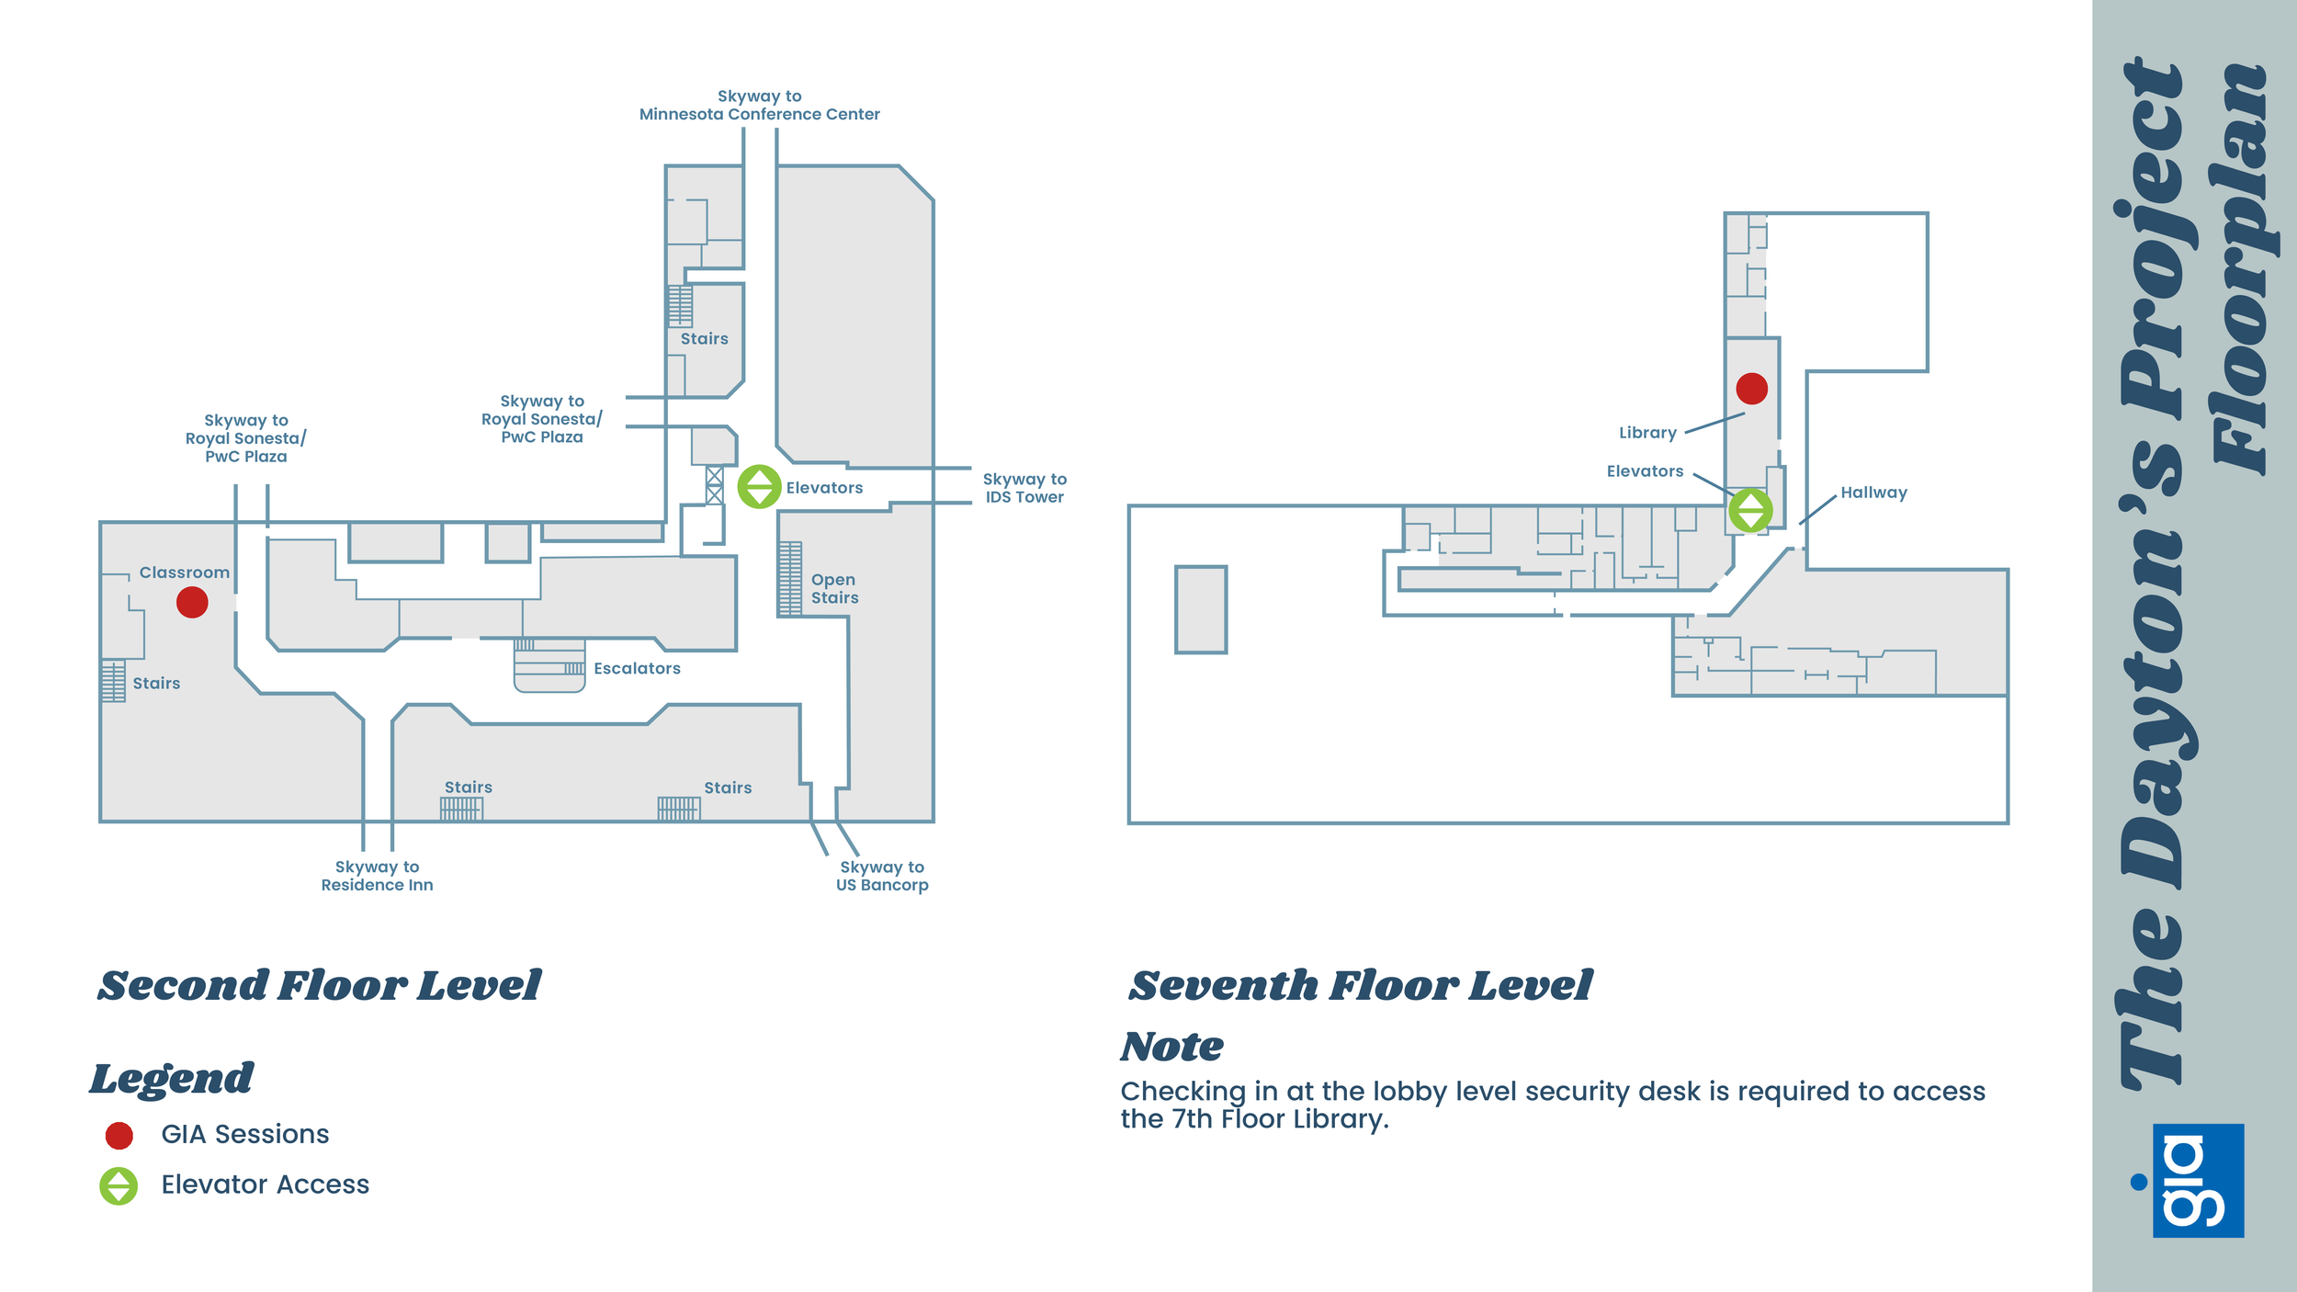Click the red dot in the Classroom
tap(192, 603)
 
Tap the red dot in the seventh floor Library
tap(1751, 389)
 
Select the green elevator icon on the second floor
tap(760, 487)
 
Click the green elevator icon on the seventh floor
tap(1750, 510)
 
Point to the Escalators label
tap(637, 669)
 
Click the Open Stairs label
tap(834, 589)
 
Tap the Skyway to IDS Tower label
tap(1024, 488)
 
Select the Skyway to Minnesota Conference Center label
tap(760, 106)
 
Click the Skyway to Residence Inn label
tap(377, 876)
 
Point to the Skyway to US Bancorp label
tap(882, 876)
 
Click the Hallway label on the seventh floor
tap(1873, 493)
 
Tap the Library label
tap(1647, 433)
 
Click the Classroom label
tap(185, 572)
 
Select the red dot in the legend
tap(119, 1136)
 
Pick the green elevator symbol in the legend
tap(119, 1185)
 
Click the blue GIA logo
tap(2197, 1181)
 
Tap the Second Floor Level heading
tap(319, 986)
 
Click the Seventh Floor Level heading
tap(1361, 986)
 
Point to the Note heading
tap(1171, 1047)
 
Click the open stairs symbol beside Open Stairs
tap(790, 579)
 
